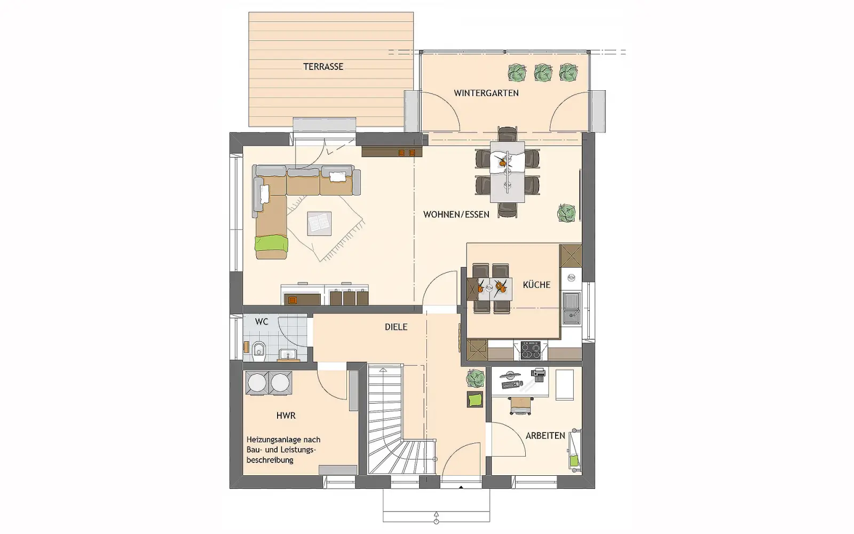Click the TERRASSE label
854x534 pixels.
(x=323, y=67)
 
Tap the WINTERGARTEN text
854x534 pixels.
(x=486, y=93)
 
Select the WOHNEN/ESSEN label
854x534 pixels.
(x=456, y=214)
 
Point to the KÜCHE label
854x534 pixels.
(x=536, y=285)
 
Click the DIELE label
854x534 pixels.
(x=396, y=327)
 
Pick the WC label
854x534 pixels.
(x=262, y=321)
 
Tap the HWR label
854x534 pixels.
(x=286, y=415)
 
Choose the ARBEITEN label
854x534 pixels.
(x=545, y=436)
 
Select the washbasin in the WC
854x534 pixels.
(x=288, y=355)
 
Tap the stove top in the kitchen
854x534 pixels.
(x=531, y=350)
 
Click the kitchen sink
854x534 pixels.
(x=572, y=309)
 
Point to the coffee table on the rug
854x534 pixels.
(x=319, y=224)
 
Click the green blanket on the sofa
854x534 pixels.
(x=272, y=244)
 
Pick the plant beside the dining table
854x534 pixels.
(x=566, y=213)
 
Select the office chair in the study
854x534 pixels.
(x=520, y=405)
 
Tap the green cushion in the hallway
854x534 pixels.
(x=475, y=400)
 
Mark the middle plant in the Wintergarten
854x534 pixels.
(x=543, y=73)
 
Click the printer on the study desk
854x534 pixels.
(x=538, y=375)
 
